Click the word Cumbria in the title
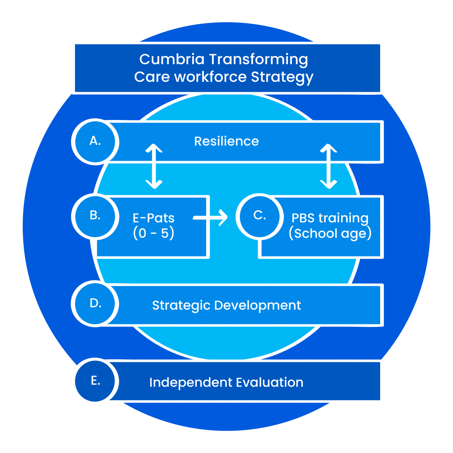[172, 59]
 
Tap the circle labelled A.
[95, 141]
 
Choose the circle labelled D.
[95, 304]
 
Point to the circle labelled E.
[95, 381]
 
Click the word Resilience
[226, 141]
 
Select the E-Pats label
[154, 218]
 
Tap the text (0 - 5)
[154, 233]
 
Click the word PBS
[303, 218]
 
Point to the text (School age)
[330, 233]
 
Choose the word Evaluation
[270, 382]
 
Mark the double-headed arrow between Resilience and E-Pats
[154, 166]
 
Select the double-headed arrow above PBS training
[328, 166]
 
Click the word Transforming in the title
[259, 59]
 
